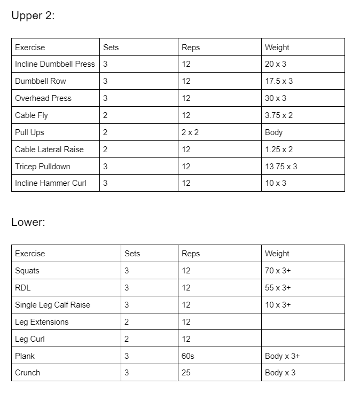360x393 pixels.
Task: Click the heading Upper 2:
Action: (33, 16)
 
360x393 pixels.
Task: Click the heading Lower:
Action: (28, 222)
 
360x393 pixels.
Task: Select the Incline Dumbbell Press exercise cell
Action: (54, 64)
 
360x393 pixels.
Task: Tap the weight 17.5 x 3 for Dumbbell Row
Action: (279, 81)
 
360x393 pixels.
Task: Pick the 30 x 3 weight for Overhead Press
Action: (276, 98)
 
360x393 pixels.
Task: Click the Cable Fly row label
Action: (32, 115)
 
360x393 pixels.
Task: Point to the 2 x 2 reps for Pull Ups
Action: (190, 132)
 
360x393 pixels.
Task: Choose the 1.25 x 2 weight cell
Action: (279, 150)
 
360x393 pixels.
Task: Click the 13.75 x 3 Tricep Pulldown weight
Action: (281, 167)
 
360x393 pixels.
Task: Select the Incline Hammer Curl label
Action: (51, 183)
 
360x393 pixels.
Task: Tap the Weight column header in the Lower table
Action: (277, 254)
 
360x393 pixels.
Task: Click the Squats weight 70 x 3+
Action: (278, 271)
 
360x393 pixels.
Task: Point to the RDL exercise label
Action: (23, 288)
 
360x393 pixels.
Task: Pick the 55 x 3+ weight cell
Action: (278, 288)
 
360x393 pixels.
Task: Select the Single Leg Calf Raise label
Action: (52, 305)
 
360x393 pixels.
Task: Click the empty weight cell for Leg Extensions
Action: (303, 322)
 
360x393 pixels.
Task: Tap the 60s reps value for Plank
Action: (188, 356)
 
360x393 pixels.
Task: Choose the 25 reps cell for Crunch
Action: (186, 373)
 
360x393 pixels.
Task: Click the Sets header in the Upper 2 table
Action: (111, 48)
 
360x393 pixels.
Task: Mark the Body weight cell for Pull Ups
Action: (274, 132)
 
